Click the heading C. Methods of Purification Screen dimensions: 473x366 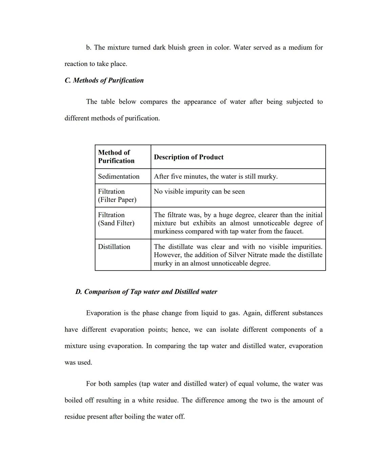(104, 80)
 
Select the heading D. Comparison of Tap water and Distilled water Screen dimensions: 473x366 (146, 292)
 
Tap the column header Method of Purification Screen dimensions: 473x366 (116, 156)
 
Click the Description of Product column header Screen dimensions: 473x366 (188, 157)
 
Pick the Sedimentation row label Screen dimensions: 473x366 (119, 176)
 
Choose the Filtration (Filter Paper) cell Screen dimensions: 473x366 (117, 195)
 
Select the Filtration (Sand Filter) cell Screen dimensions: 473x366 (116, 219)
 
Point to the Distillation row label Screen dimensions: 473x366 (114, 246)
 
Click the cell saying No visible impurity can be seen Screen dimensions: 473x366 (199, 192)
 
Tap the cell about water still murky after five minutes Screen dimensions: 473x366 (216, 176)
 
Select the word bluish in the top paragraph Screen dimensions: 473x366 (177, 47)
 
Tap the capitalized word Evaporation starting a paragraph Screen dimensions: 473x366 (103, 313)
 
